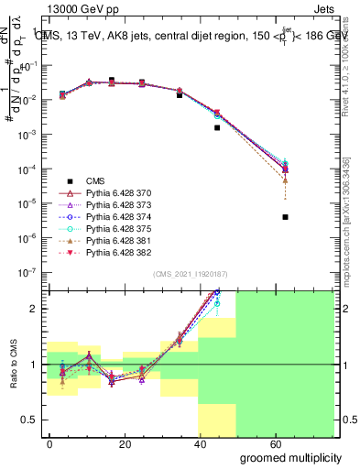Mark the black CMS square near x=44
click(x=217, y=127)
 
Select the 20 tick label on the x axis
click(x=123, y=443)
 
